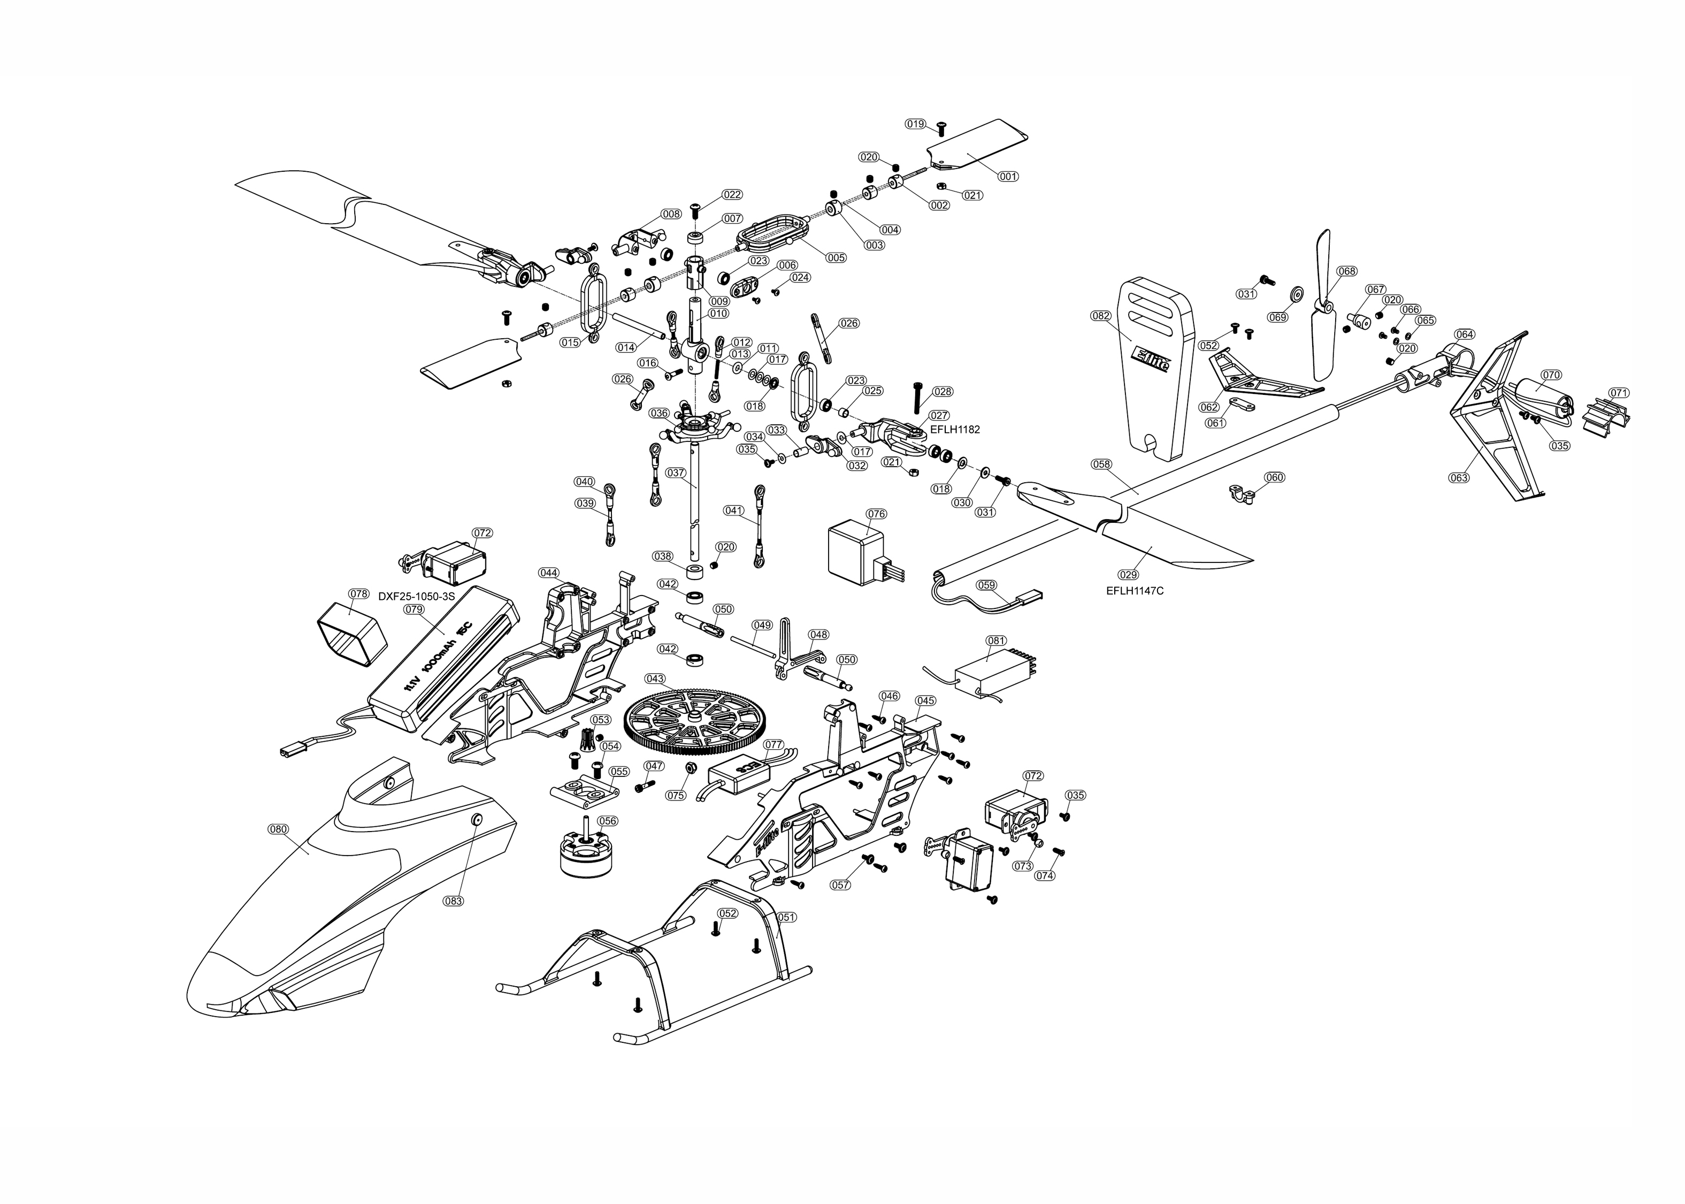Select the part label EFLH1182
pos(954,429)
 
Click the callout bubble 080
pos(278,829)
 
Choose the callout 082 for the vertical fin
pos(1101,316)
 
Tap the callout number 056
pos(607,821)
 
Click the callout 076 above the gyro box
pos(876,514)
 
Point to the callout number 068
pos(1347,271)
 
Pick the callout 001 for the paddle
pos(1008,177)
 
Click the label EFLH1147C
pos(1135,591)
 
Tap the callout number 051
pos(786,917)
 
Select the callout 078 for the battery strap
pos(358,594)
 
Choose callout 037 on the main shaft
pos(675,473)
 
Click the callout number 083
pos(453,901)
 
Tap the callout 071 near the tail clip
pos(1619,393)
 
